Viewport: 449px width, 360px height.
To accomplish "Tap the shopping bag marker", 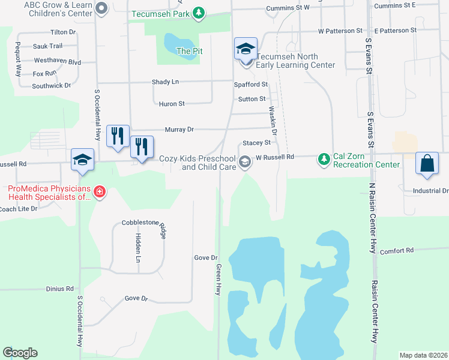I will pos(426,164).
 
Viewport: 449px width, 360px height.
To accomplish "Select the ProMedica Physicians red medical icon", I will pos(100,192).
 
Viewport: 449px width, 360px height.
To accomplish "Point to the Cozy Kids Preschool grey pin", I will pos(245,162).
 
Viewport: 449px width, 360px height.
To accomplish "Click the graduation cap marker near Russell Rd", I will pos(82,160).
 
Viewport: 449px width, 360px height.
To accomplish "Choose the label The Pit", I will pos(189,51).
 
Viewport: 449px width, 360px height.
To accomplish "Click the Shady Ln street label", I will pos(166,82).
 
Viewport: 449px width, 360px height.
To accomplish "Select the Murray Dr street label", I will pos(179,129).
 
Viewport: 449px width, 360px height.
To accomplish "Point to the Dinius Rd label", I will pos(59,289).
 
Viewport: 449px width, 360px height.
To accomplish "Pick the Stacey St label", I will pos(257,143).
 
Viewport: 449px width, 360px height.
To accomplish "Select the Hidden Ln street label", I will pos(137,248).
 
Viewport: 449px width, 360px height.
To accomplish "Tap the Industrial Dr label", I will pos(430,191).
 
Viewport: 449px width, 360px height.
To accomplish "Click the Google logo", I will pos(20,353).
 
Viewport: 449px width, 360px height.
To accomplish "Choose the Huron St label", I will pos(172,104).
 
